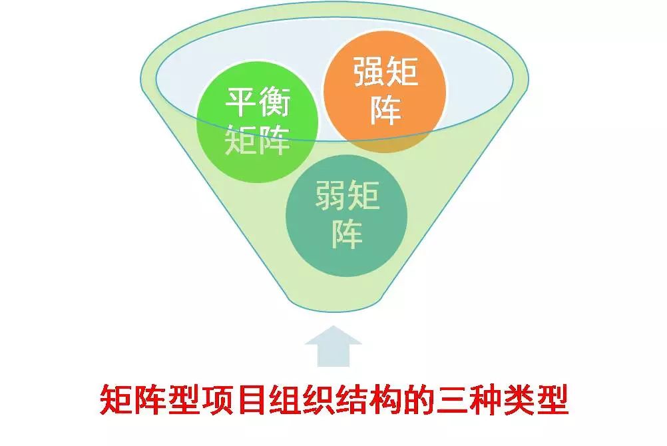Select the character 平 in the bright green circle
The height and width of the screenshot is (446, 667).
240,102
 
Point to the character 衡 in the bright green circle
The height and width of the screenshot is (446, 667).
274,102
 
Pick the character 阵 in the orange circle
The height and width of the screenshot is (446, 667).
385,109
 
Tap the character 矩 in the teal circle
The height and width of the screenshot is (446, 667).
363,194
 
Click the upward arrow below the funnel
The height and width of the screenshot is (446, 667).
333,346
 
